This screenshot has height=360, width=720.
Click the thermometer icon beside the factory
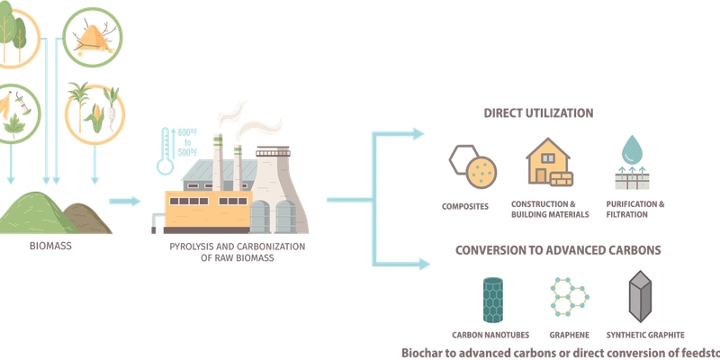(165, 151)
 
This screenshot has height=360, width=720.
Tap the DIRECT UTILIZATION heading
(538, 113)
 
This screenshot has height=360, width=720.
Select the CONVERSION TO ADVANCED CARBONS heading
(558, 250)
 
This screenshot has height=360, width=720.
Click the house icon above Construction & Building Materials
(550, 162)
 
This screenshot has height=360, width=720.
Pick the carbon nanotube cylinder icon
(492, 300)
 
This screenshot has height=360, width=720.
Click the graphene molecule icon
(570, 298)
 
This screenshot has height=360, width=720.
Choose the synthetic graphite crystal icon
(640, 297)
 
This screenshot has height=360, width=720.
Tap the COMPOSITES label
(464, 207)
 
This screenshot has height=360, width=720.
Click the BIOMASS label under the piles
(50, 246)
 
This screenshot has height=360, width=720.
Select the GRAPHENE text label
(570, 335)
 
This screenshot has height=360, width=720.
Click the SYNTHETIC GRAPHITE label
(645, 335)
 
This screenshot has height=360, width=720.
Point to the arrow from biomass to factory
(124, 201)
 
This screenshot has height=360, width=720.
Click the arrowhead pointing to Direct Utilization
(418, 133)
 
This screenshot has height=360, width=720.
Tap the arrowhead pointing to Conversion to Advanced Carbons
(423, 264)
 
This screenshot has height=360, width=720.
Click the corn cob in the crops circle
(95, 118)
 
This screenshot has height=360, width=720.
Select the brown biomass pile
(88, 219)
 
